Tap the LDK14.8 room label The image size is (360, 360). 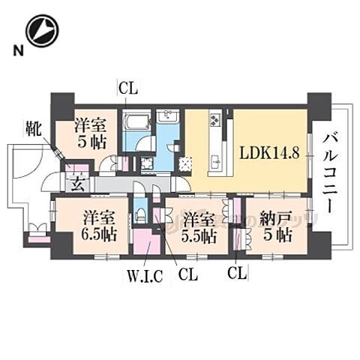[x=270, y=152]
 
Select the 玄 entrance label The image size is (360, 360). [x=76, y=181]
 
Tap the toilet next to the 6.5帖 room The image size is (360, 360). [x=140, y=214]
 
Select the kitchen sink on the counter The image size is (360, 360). [x=216, y=160]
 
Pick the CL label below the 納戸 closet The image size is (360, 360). [x=236, y=270]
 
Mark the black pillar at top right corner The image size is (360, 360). [x=319, y=102]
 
